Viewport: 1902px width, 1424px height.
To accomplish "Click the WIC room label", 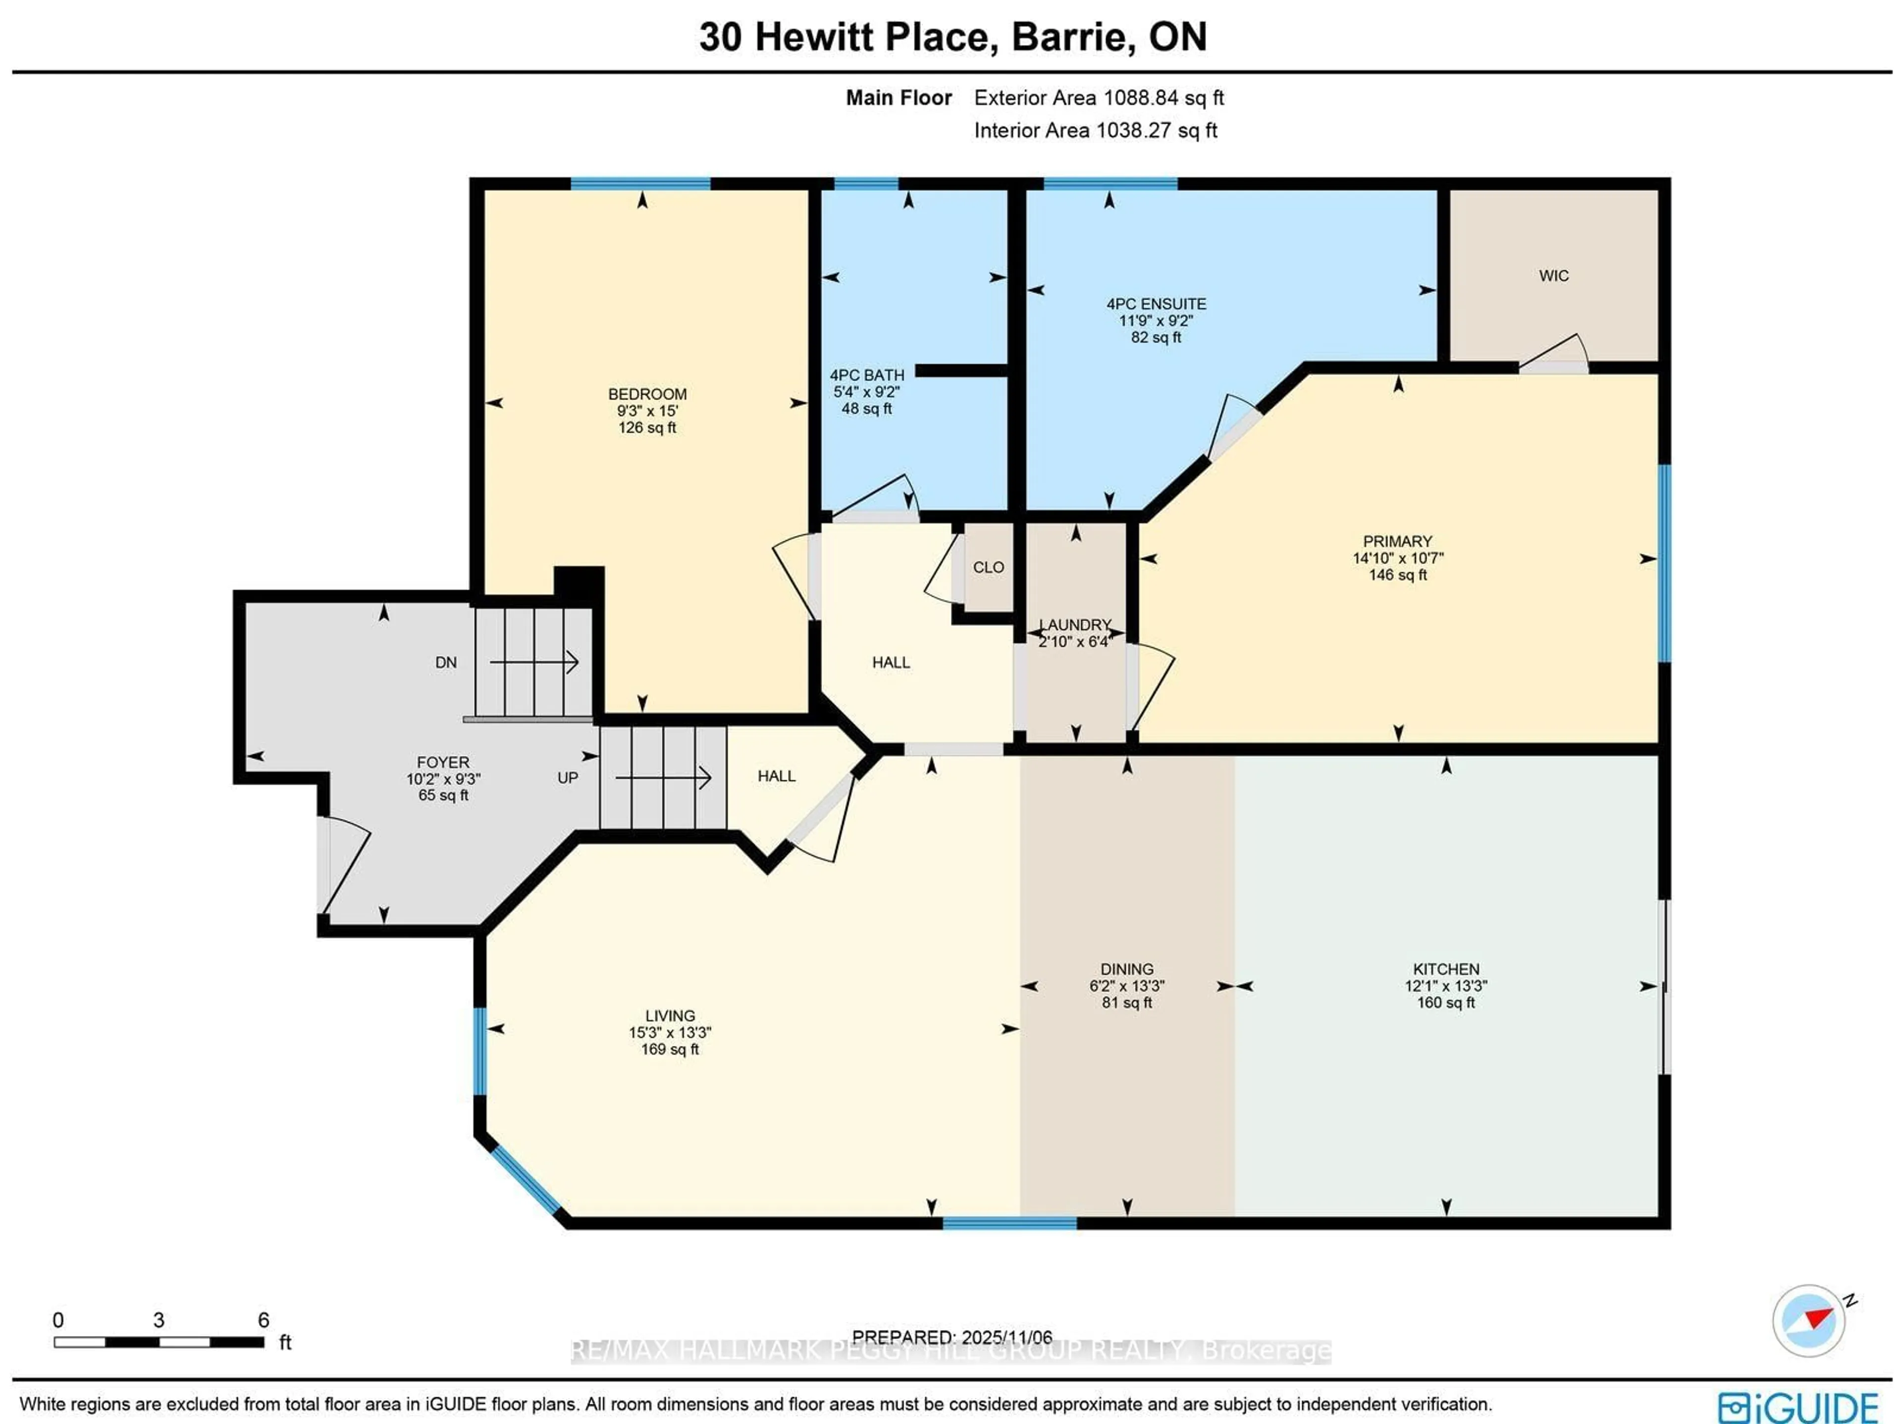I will [1553, 276].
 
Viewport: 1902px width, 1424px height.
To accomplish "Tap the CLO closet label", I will [988, 568].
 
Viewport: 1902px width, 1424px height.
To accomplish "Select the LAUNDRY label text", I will [1075, 625].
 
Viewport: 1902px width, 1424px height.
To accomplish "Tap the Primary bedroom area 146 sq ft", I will [1397, 575].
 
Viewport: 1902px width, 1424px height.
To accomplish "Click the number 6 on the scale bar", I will [263, 1320].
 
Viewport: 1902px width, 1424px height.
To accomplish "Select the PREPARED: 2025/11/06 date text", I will [952, 1337].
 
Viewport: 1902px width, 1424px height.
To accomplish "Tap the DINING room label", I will [1126, 969].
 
